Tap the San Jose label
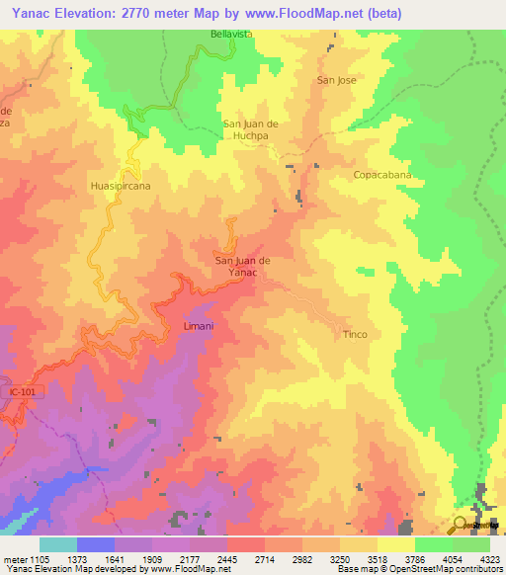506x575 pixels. (336, 79)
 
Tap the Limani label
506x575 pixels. (199, 325)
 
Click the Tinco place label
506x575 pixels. (355, 334)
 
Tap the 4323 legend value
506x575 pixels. (489, 559)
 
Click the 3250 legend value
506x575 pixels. (339, 559)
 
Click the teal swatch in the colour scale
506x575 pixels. (58, 544)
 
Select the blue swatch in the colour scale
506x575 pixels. (96, 544)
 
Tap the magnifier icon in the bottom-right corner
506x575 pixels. (461, 525)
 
